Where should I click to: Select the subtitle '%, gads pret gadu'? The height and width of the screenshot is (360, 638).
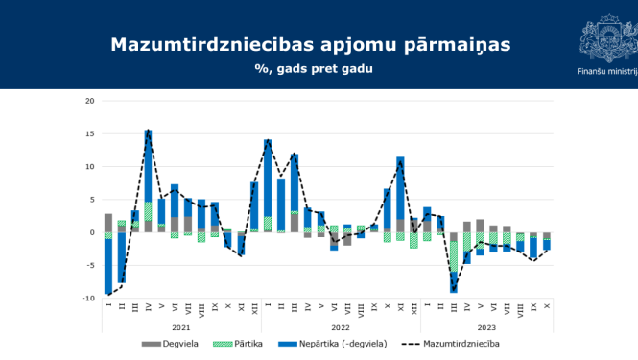tap(313, 69)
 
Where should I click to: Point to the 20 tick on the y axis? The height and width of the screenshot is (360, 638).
tap(90, 101)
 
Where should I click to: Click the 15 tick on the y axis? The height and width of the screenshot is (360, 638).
tap(90, 133)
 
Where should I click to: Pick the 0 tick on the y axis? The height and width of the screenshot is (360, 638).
tap(92, 232)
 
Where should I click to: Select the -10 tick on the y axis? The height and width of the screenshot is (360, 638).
tap(88, 299)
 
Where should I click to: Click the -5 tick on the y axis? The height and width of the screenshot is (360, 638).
tap(90, 266)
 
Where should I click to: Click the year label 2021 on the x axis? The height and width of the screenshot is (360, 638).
tap(181, 327)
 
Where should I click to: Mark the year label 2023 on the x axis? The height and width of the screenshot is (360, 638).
tap(487, 327)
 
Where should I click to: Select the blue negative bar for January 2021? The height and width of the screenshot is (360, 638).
tap(108, 266)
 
